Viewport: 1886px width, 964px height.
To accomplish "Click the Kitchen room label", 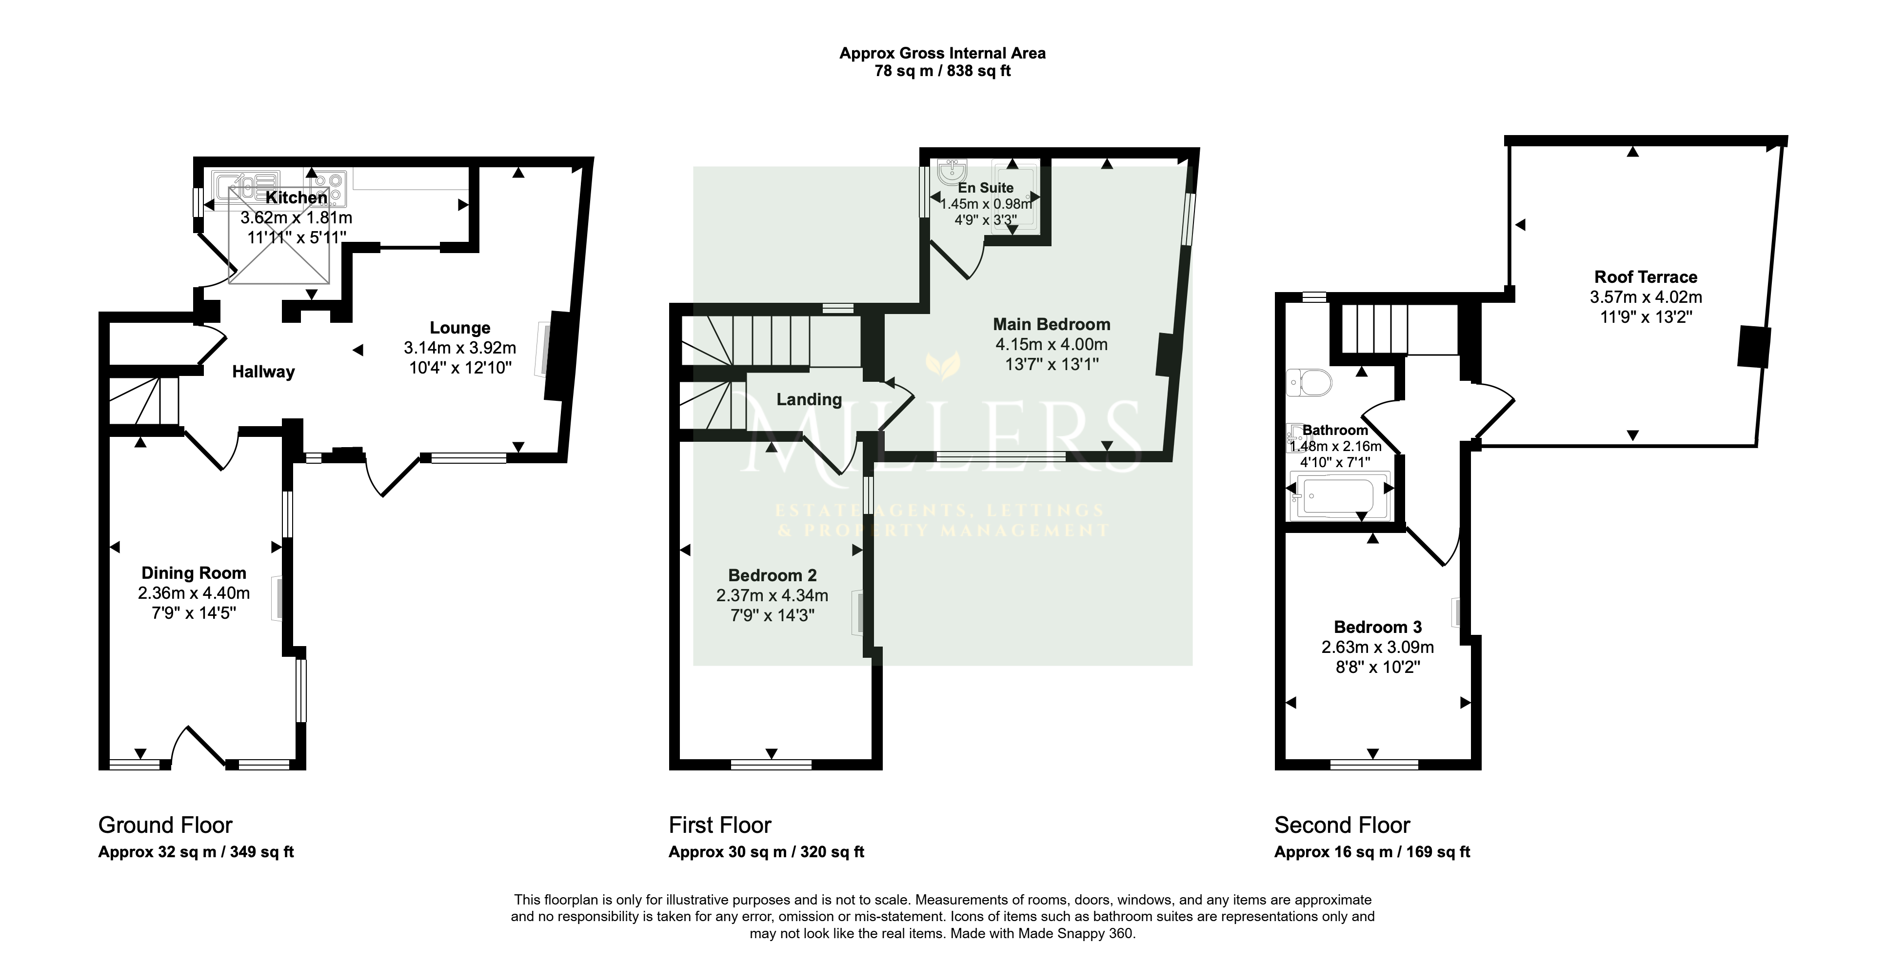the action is (297, 197).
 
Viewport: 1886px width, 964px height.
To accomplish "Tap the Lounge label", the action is (460, 328).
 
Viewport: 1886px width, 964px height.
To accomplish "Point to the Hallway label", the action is (263, 372).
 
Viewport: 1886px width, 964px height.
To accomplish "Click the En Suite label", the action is (986, 188).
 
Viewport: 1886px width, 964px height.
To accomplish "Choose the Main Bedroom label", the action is (1052, 324).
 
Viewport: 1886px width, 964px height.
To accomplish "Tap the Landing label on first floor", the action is (809, 400).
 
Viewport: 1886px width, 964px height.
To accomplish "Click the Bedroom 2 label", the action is (773, 575).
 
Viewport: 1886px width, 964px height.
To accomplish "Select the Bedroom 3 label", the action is (1378, 627).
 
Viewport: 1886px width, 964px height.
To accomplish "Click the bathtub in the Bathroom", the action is (1339, 495).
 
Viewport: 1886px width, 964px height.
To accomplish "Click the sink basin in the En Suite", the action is (951, 173).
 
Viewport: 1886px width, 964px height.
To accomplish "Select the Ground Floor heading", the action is (165, 825).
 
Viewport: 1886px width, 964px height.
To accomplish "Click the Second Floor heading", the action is (1342, 825).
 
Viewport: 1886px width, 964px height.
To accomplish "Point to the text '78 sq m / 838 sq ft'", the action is (943, 71).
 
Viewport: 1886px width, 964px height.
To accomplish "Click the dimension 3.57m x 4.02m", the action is (1646, 297).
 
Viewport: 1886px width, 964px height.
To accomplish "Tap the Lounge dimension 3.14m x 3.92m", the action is (460, 348).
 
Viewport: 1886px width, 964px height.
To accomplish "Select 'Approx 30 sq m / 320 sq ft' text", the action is (767, 852).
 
